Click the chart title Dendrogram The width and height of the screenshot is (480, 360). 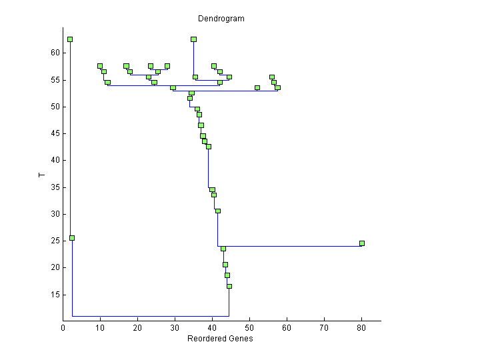221,19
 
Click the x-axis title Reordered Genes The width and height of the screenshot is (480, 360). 221,339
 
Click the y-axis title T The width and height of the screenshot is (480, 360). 41,175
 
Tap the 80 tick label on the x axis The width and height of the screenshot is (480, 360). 362,327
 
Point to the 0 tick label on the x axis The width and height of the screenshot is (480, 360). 63,327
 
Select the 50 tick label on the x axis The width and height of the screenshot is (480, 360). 250,327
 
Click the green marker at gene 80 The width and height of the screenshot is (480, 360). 362,243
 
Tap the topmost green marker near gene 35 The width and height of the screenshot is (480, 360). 193,39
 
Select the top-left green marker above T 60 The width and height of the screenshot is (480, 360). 70,39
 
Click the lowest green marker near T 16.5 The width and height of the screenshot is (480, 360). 229,286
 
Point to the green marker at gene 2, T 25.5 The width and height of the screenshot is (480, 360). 72,238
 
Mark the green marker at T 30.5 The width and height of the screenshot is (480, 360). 218,211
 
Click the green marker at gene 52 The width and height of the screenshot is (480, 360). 257,87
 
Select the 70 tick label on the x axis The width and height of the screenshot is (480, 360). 325,327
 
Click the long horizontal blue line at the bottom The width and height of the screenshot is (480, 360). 151,316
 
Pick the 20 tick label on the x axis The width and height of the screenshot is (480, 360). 138,327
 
